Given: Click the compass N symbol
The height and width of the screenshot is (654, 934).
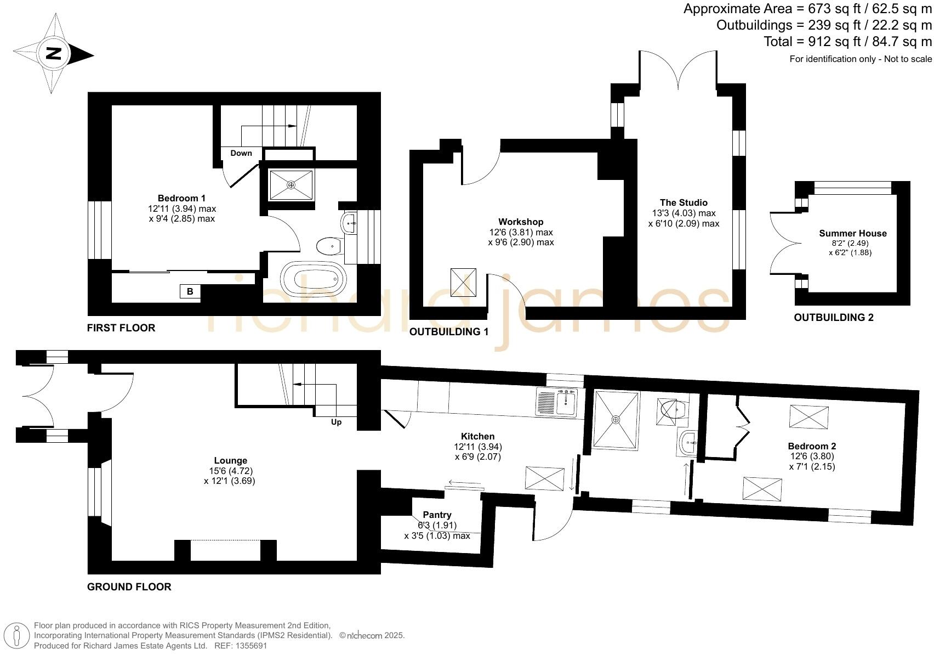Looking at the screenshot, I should coord(54,54).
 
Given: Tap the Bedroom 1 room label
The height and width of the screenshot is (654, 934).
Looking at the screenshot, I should coord(181,198).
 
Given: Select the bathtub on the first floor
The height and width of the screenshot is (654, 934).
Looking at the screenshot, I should coord(313,279).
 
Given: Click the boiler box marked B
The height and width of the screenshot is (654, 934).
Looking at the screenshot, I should coord(190,291).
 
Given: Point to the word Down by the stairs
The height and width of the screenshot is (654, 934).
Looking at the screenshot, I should coord(241,153).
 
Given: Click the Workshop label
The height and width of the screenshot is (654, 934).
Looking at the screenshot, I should coord(521,222).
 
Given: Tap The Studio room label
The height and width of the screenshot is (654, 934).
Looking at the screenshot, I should coord(684,202).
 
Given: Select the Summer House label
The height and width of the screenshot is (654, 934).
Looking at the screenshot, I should coord(852,233).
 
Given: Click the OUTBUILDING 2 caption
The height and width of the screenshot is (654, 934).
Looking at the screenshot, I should coord(833,317).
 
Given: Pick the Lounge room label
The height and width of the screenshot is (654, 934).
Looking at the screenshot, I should coord(230,460).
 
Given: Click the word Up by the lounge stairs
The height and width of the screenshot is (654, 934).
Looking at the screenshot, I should coord(336,422).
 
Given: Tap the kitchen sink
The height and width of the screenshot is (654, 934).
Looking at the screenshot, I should coord(566,403).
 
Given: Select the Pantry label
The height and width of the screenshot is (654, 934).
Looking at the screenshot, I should coord(437,515).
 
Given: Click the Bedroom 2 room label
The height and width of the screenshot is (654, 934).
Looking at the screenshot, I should coord(812,446).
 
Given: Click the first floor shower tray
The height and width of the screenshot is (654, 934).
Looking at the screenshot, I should coord(292,185).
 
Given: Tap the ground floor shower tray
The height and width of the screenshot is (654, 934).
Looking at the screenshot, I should coord(616,420).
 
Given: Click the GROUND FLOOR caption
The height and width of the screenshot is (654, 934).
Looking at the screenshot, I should coord(129,587).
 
